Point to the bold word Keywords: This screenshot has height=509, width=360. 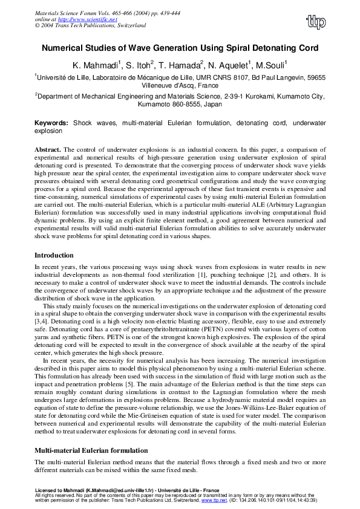[x=51, y=123]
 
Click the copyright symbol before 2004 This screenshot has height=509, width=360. [x=38, y=26]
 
